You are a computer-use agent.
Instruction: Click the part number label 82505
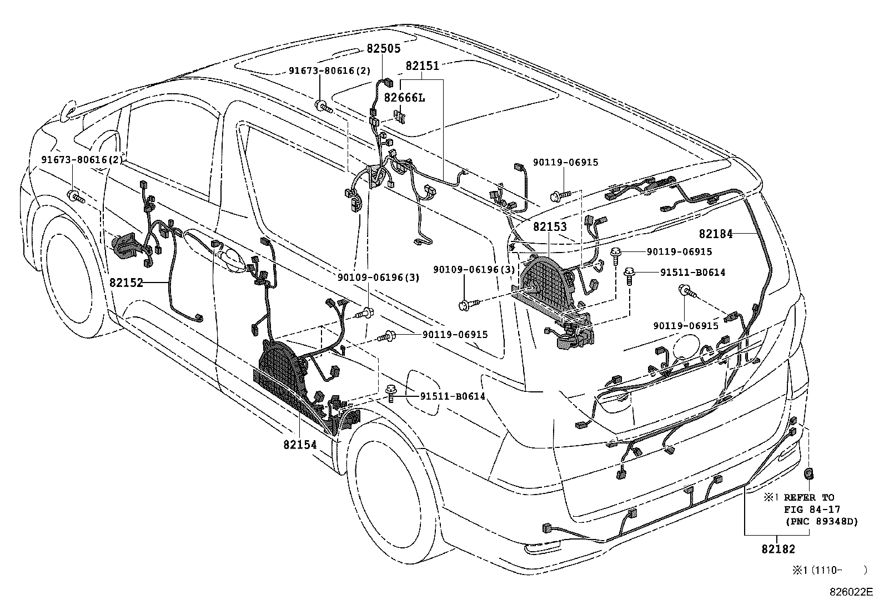(x=383, y=49)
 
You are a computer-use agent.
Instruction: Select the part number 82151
(x=422, y=65)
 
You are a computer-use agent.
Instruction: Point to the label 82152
(x=127, y=283)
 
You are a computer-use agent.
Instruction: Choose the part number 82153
(x=550, y=227)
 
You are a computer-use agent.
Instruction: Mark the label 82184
(x=716, y=234)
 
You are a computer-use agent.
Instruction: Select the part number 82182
(x=778, y=549)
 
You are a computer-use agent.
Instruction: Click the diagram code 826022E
(x=851, y=592)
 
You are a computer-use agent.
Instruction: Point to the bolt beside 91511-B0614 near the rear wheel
(x=391, y=395)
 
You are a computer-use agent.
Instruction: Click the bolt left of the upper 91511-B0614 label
(x=630, y=274)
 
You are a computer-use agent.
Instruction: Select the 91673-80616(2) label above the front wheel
(x=82, y=160)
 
